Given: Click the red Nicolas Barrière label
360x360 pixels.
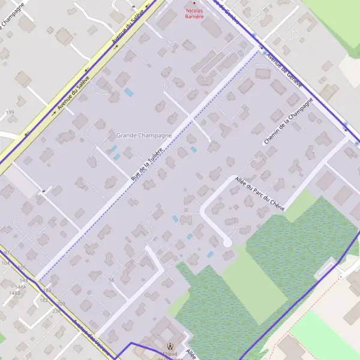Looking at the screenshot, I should [194, 14].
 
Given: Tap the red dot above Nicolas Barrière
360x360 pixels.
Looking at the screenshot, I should [194, 4].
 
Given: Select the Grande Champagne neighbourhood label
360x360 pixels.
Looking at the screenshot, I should [144, 136].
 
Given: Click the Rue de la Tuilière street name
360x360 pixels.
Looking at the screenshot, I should [147, 164].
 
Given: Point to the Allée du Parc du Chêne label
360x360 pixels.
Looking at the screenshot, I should [260, 194].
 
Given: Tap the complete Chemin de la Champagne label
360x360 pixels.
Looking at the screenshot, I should [289, 122].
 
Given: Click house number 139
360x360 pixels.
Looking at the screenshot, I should [10, 113].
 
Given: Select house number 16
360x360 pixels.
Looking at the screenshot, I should [111, 280].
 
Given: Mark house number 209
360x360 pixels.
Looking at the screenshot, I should [61, 304].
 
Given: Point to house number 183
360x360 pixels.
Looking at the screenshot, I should [47, 290].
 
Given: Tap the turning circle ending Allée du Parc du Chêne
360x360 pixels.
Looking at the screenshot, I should [227, 242].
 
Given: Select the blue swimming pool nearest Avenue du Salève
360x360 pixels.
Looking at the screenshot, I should [129, 92].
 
